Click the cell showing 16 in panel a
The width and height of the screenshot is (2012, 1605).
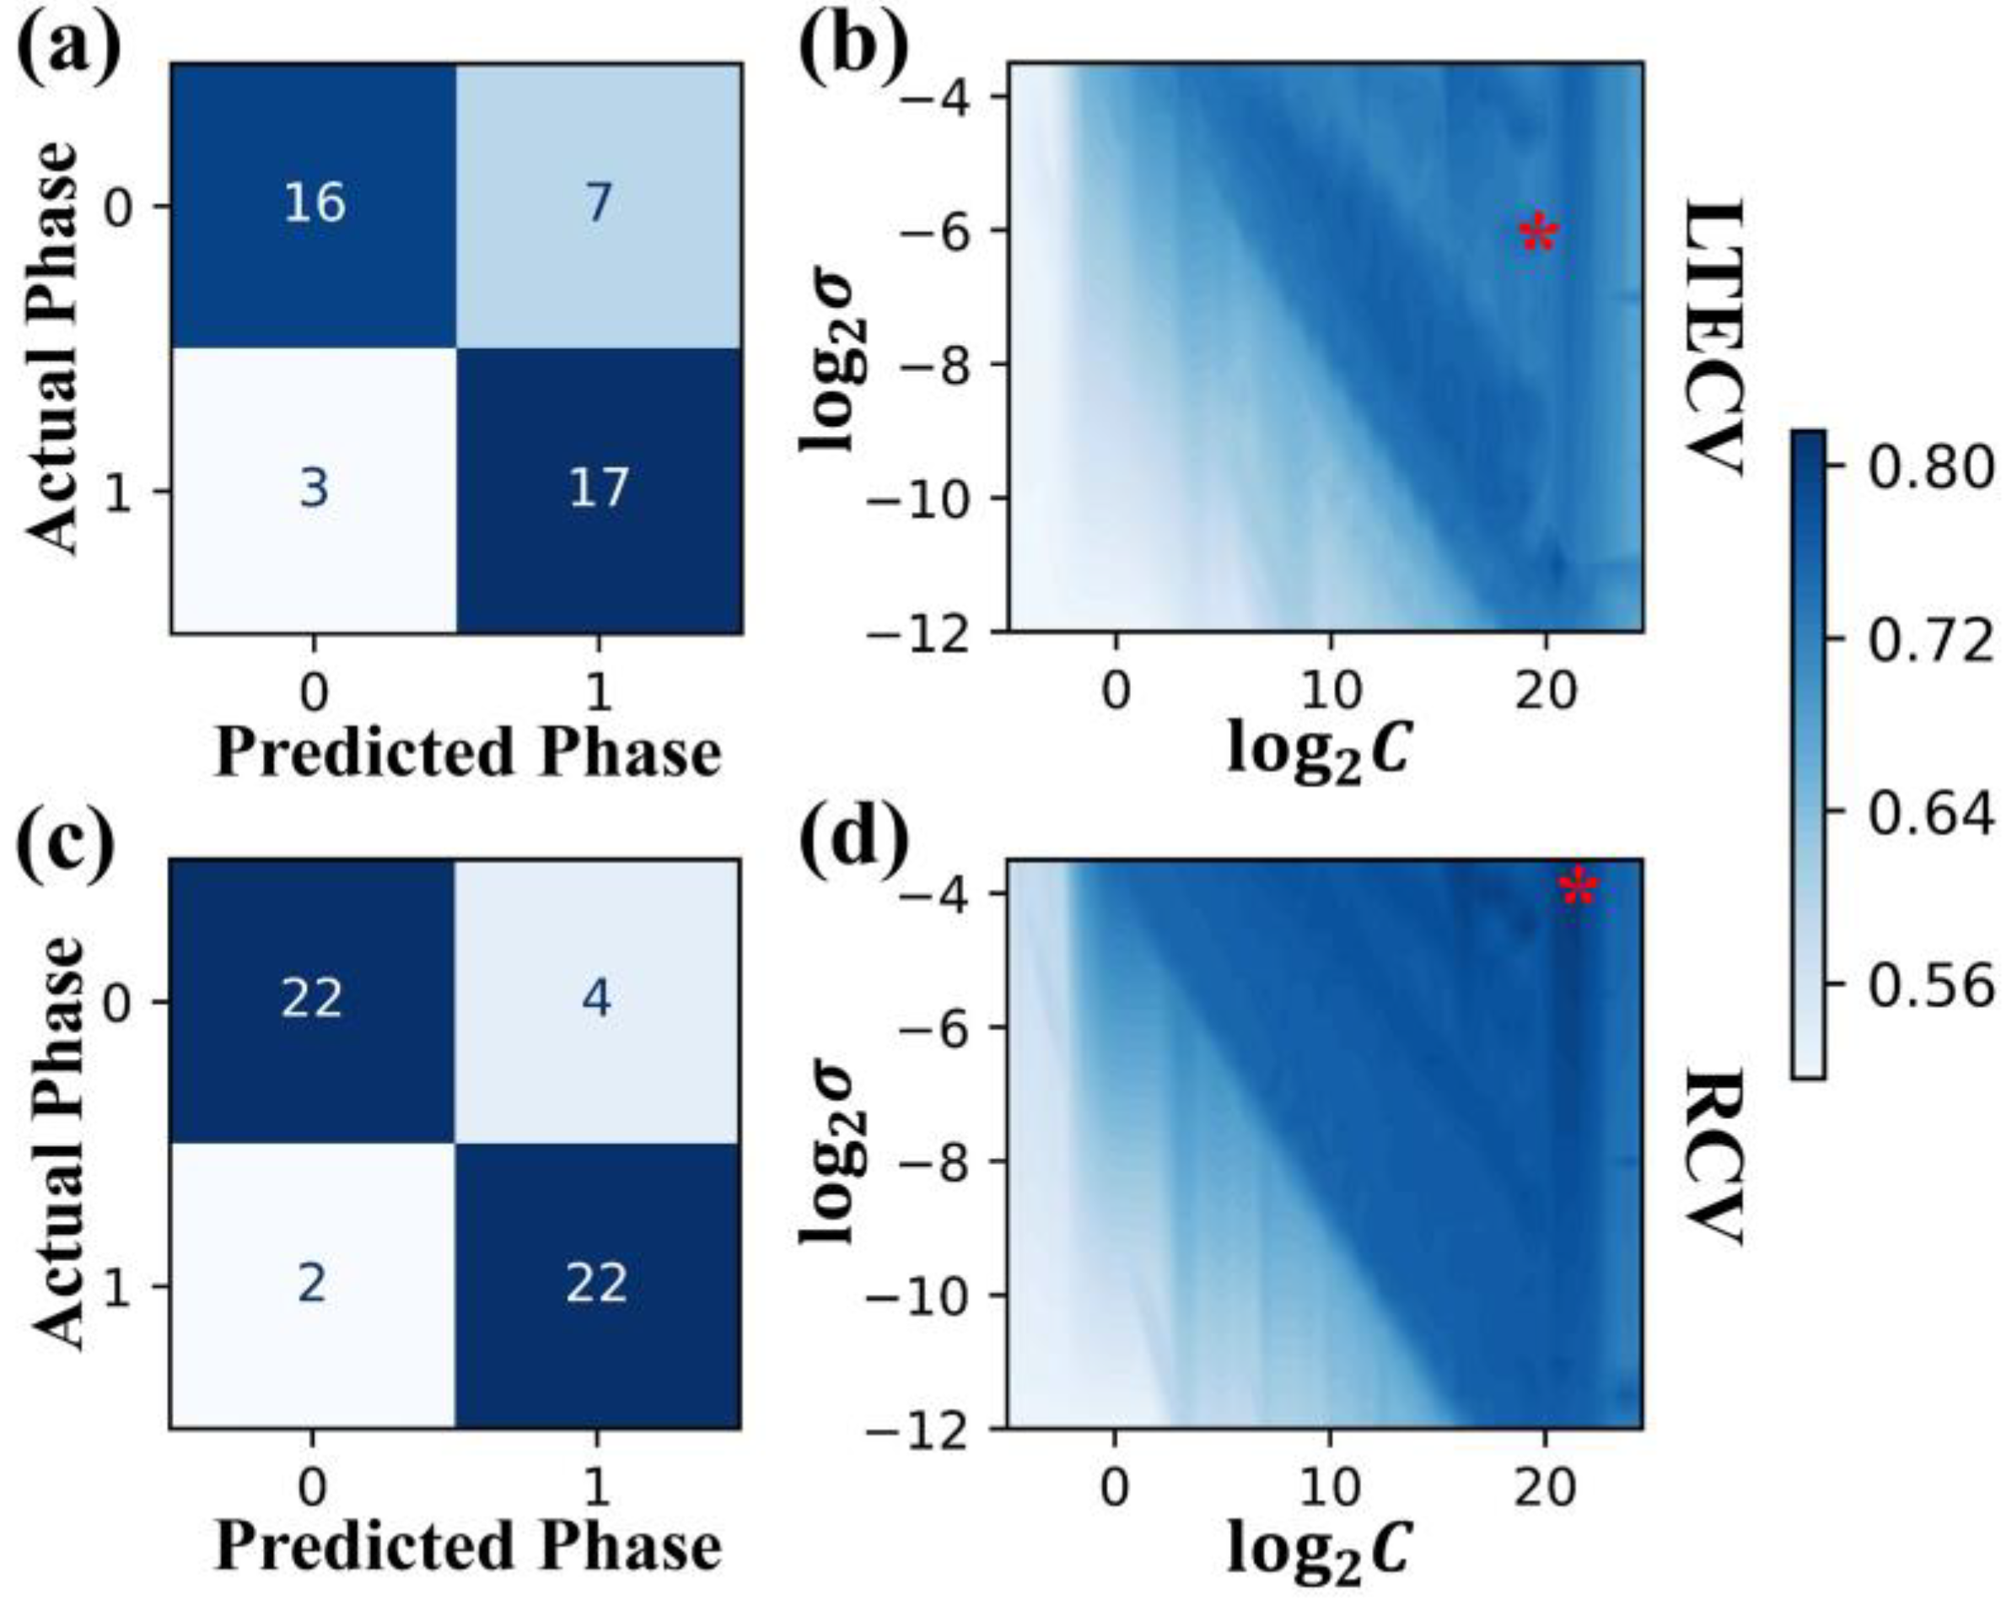[x=314, y=203]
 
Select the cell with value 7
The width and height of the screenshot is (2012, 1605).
[x=597, y=203]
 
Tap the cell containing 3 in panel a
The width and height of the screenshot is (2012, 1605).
[x=314, y=489]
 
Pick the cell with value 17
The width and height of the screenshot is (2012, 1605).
[x=597, y=489]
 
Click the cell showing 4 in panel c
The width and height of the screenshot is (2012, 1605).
[x=597, y=999]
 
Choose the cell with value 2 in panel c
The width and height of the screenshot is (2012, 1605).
[x=312, y=1283]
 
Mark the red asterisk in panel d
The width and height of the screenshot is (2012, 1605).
[x=1579, y=886]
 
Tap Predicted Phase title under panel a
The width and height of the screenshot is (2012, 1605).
[x=469, y=752]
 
